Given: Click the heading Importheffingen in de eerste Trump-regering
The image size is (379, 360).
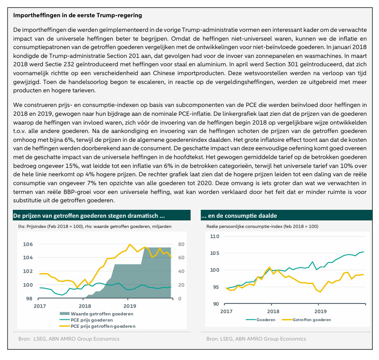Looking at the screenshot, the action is click(x=77, y=15).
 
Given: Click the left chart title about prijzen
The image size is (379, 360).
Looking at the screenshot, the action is click(x=89, y=216).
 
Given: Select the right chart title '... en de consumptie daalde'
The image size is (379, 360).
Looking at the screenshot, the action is click(x=239, y=216).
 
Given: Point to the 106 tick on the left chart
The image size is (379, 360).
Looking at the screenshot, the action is click(x=28, y=244).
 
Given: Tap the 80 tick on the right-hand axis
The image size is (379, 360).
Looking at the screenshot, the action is click(x=181, y=244).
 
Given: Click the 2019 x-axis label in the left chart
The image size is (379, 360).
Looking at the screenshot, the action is click(x=130, y=306).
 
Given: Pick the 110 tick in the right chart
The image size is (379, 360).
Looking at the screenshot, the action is click(x=214, y=236).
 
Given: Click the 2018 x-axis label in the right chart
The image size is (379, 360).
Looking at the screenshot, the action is click(x=273, y=311).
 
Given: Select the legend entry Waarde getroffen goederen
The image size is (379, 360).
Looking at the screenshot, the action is click(x=96, y=314).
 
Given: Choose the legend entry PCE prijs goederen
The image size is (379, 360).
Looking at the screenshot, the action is click(x=86, y=320).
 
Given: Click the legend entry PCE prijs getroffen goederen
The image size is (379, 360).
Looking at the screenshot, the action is click(x=97, y=326).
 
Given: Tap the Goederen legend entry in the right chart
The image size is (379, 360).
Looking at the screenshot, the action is click(x=260, y=320).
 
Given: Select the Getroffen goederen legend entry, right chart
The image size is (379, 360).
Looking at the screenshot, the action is click(x=306, y=320).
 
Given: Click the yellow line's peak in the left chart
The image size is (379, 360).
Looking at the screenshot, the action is click(x=130, y=244).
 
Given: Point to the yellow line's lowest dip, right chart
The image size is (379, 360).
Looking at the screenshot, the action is click(x=321, y=292).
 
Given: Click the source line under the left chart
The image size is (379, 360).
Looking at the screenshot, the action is click(x=69, y=339).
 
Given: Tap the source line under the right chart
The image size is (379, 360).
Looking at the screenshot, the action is click(x=256, y=339).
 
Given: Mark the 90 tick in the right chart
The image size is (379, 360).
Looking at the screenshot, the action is click(x=216, y=304).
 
